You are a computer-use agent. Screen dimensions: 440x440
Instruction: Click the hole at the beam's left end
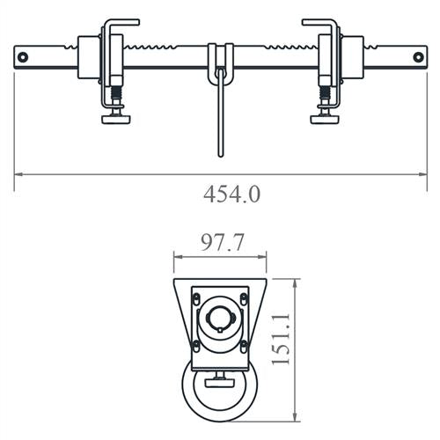pos(23,57)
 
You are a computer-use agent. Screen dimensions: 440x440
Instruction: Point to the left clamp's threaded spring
pos(114,93)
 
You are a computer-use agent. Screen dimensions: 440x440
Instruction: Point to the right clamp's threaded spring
pos(325,93)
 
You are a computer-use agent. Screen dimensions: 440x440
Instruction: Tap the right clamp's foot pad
pos(325,117)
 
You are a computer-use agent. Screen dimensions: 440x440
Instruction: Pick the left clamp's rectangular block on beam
pos(89,56)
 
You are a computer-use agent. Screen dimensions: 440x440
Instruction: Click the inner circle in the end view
pos(218,321)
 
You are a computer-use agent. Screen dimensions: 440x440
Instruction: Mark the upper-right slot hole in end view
pos(242,297)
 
